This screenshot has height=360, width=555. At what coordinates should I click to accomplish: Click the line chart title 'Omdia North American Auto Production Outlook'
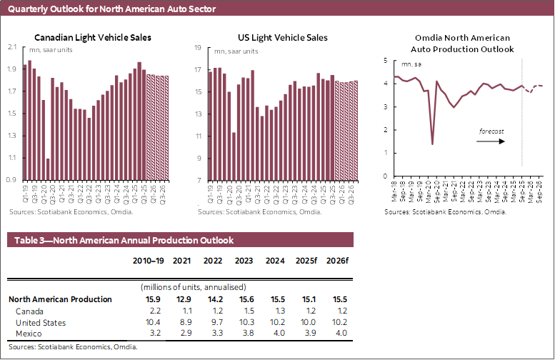click(463, 43)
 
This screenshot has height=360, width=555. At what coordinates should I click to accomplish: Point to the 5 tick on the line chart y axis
click(386, 61)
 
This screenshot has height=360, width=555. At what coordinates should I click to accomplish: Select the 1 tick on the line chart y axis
click(386, 153)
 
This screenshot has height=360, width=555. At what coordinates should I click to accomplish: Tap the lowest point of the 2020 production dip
click(433, 144)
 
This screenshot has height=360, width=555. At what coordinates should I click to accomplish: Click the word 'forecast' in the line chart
click(491, 131)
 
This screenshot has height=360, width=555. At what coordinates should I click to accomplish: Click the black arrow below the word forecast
click(492, 141)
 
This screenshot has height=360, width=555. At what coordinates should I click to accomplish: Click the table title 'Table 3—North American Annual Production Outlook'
click(121, 241)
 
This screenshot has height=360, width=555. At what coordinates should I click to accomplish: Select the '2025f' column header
click(306, 261)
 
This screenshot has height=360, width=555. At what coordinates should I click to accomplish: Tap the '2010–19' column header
click(146, 261)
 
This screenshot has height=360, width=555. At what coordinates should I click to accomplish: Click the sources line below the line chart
click(435, 213)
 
